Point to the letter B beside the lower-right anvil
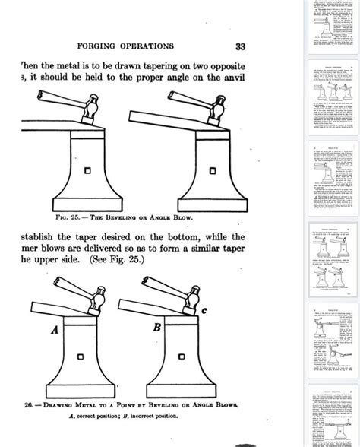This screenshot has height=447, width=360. tap(156, 329)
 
